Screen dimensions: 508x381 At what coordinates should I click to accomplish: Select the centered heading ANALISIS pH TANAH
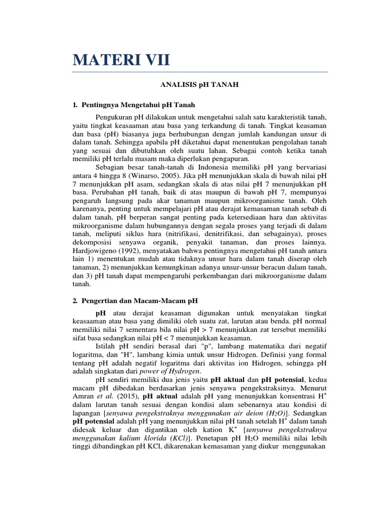click(x=199, y=85)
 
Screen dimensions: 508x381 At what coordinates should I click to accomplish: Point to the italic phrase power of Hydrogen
click(x=173, y=371)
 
